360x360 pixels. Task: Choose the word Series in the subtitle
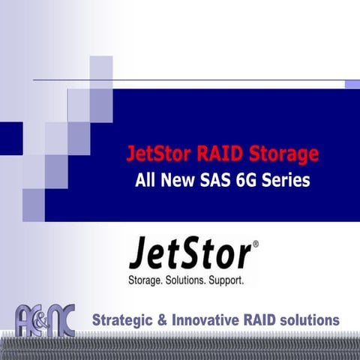[x=289, y=181]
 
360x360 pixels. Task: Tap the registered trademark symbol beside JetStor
[x=256, y=244]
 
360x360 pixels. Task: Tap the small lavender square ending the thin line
[x=352, y=84]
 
